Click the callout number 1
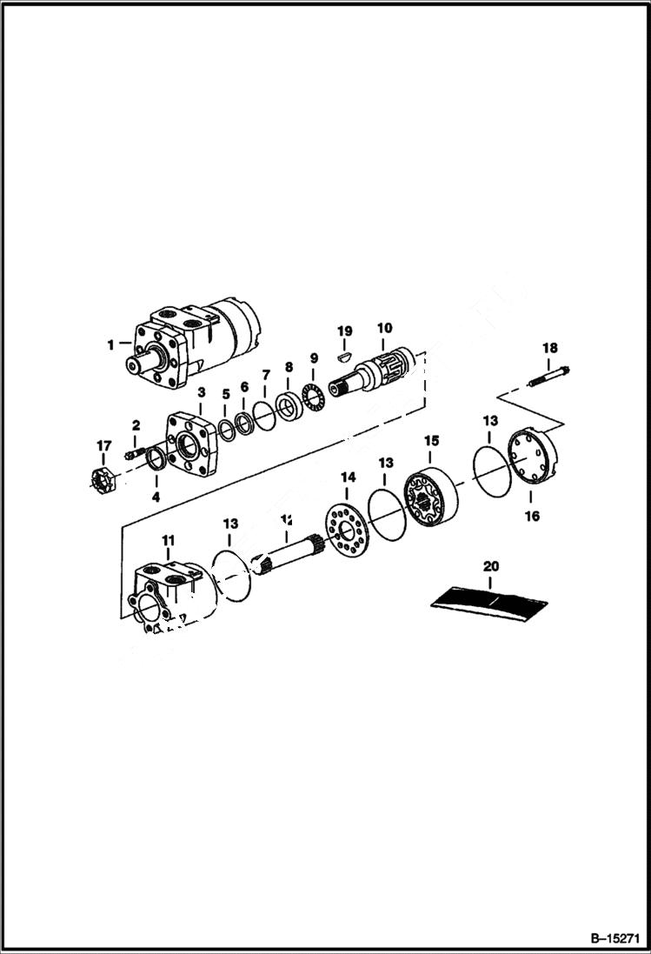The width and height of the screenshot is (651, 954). tap(111, 344)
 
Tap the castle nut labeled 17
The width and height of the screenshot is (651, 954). tap(104, 478)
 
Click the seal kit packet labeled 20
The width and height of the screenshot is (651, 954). tap(490, 599)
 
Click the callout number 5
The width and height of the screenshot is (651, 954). tap(225, 393)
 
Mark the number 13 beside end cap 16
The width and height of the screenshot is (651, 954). tap(489, 422)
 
